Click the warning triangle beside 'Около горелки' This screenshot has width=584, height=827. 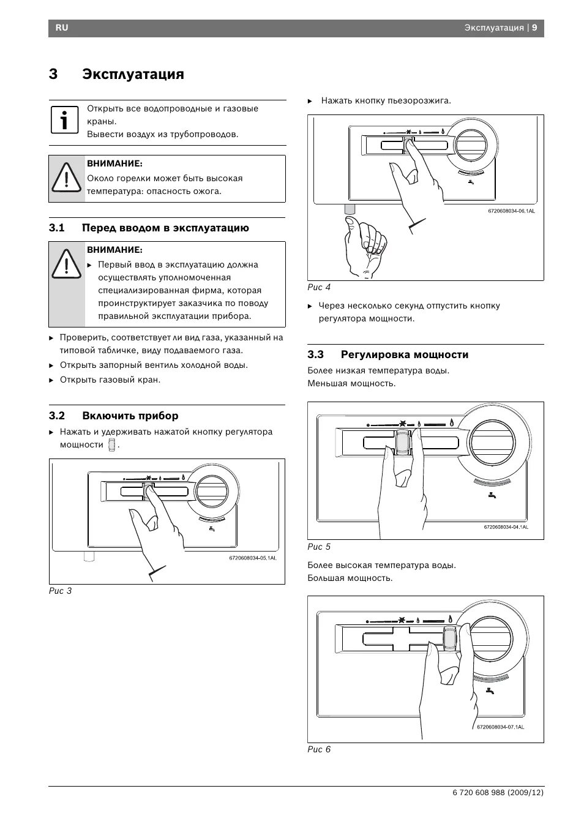64,178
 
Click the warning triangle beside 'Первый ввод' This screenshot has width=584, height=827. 64,264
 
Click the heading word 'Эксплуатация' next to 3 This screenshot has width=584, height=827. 133,74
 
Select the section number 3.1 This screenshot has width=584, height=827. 57,228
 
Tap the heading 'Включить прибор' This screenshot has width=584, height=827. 130,416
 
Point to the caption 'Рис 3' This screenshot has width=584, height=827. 61,591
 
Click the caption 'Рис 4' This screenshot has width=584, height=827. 319,287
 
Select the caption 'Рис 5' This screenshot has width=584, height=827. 319,547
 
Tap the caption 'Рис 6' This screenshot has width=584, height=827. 319,749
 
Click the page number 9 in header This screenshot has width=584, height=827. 534,28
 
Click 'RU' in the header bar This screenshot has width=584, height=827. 62,28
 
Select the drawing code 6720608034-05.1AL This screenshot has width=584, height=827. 253,558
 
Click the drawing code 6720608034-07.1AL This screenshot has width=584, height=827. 500,727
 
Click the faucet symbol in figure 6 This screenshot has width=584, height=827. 490,691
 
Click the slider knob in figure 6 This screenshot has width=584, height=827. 450,637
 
